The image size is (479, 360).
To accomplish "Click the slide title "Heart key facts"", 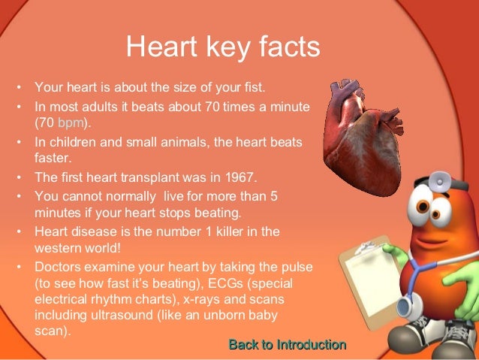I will (223, 47).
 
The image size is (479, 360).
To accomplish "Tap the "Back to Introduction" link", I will (287, 345).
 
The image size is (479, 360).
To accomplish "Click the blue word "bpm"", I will (68, 122).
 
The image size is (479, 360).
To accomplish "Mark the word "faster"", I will (53, 158).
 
